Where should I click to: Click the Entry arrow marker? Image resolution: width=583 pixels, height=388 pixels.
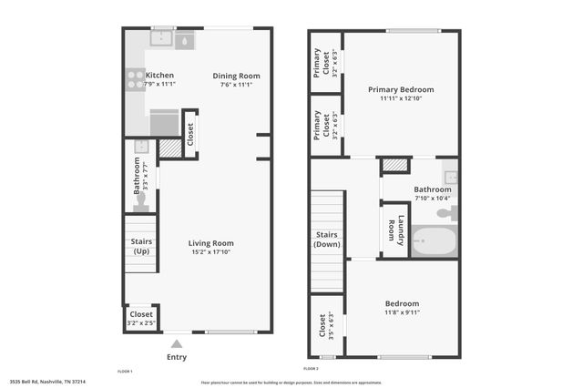tap(177, 343)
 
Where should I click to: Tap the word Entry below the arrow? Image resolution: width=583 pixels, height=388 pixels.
tap(177, 357)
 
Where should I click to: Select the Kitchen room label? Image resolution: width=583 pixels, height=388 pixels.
tap(159, 76)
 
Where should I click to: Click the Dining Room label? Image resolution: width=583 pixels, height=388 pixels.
tap(237, 76)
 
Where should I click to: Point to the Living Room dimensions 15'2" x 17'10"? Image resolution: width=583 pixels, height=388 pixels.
tap(211, 252)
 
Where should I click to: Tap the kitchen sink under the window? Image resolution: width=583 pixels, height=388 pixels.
tap(162, 39)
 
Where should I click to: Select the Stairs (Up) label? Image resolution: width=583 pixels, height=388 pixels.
tap(141, 246)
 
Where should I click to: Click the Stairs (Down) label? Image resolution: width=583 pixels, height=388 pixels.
tap(328, 240)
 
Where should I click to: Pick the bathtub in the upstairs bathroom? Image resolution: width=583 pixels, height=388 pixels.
tap(433, 242)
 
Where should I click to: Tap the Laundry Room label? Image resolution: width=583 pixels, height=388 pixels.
tap(394, 230)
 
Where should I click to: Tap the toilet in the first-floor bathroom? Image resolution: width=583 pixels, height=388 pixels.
tap(139, 202)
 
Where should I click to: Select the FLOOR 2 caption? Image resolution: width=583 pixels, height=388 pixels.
tap(311, 369)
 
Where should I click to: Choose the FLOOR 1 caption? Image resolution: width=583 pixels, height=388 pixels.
tap(126, 372)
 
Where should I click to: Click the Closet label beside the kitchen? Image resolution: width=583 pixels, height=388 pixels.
tap(189, 135)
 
